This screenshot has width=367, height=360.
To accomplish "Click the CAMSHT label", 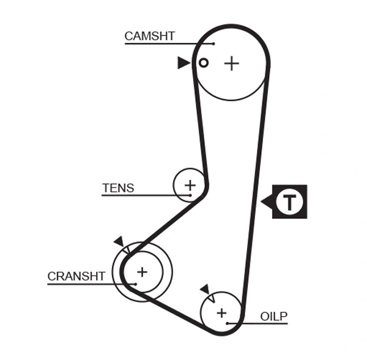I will pos(149,36).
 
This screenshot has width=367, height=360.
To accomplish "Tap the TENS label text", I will pos(118,188).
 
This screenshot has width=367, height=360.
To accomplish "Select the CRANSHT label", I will pos(76,276).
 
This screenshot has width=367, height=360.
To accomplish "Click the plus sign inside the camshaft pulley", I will pos(231,63).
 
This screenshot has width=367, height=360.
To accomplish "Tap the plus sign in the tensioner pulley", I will pos(190,185).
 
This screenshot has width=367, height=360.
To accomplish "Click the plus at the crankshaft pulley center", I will pos(142,271).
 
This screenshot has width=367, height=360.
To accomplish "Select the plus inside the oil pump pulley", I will pos(221,312).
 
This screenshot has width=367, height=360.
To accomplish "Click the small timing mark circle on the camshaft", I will pos(204,62).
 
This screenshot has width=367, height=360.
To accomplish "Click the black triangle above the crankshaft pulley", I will pos(119,241).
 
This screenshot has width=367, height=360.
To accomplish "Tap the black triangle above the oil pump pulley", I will pos(204,288).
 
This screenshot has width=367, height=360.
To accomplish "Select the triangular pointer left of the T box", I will pos(267,201).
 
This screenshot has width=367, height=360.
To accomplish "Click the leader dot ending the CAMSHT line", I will pos(213,43).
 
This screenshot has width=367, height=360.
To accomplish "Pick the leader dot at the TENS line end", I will pos(190,195).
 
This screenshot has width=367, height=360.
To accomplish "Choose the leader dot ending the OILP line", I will pos(227,323).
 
